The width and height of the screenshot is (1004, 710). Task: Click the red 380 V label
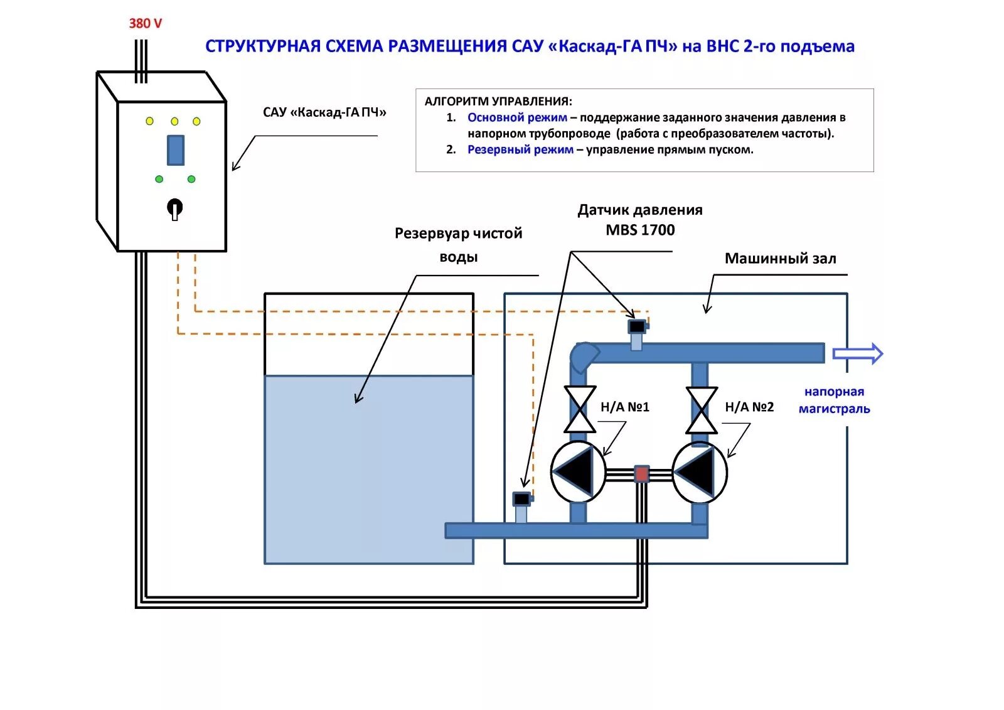[145, 24]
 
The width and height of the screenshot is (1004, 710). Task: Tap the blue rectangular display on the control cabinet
[175, 150]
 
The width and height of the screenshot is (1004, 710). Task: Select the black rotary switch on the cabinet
[175, 207]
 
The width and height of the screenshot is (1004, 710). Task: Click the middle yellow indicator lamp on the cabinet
[174, 121]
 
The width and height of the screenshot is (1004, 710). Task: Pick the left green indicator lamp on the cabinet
[159, 179]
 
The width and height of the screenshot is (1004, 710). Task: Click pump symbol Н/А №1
[578, 472]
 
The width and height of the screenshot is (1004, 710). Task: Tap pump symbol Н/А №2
[700, 472]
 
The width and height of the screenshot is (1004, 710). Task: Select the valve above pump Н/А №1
[580, 409]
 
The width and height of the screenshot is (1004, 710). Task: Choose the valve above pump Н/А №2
[702, 409]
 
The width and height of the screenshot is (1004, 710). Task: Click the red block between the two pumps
[641, 473]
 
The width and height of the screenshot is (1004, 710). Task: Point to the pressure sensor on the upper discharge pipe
[637, 327]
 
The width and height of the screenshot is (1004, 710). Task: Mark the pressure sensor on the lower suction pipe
[521, 500]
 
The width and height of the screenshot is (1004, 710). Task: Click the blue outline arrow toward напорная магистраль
[857, 354]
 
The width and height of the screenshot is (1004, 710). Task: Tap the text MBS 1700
[640, 230]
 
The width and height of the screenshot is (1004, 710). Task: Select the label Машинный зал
[780, 259]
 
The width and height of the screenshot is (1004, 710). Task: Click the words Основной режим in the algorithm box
[517, 117]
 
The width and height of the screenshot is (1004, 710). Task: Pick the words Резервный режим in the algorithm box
[520, 149]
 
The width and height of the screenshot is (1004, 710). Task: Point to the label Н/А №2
[749, 407]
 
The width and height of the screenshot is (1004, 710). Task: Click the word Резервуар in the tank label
[431, 234]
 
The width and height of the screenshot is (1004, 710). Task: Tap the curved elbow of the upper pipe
[584, 357]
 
